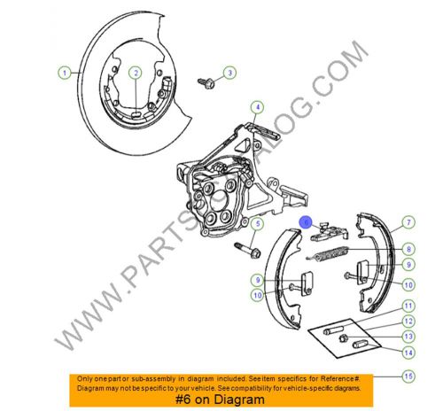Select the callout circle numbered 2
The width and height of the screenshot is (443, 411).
[x=135, y=73]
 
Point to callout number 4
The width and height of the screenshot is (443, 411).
[x=256, y=109]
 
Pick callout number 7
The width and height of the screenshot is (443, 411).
[x=408, y=222]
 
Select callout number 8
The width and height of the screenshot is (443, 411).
[x=408, y=248]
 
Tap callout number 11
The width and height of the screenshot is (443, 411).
[x=408, y=306]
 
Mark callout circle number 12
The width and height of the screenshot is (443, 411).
[x=408, y=322]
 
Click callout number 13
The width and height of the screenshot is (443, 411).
[x=408, y=337]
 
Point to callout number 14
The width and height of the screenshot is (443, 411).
[x=408, y=352]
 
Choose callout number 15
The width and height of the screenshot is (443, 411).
[x=408, y=376]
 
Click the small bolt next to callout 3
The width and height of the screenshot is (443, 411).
[x=208, y=81]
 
